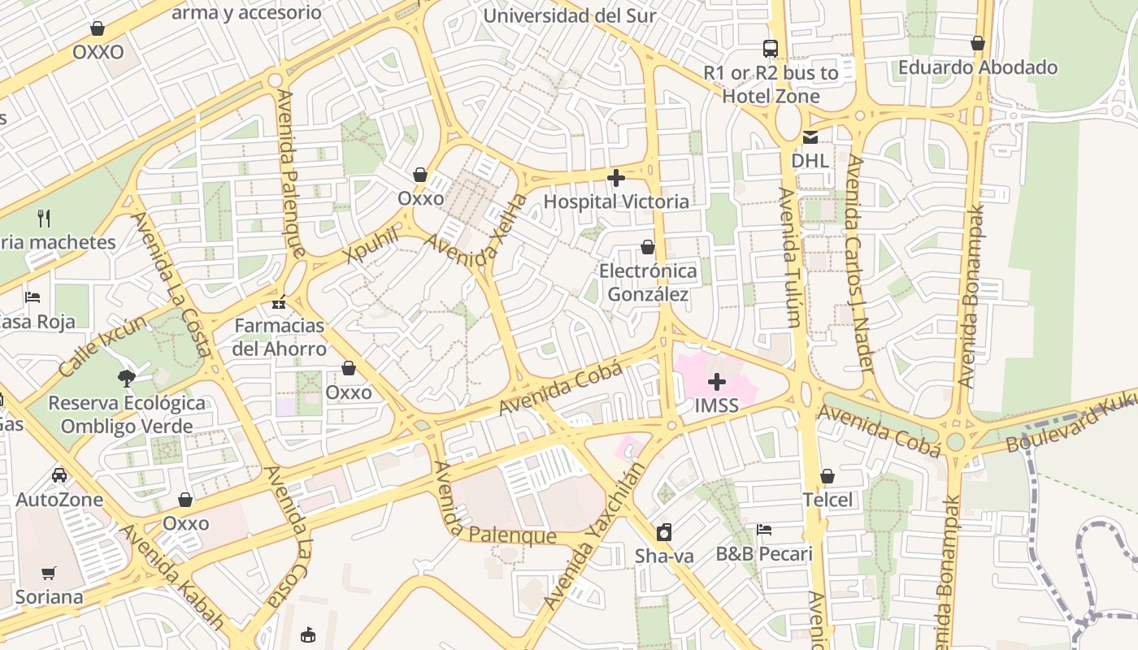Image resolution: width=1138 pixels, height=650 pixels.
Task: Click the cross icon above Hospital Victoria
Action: click(616, 178)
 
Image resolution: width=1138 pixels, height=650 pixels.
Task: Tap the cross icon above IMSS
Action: click(717, 382)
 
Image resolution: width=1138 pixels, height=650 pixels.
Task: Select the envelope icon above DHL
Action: click(810, 137)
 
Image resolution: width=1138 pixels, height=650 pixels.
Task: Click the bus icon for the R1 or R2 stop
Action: click(770, 49)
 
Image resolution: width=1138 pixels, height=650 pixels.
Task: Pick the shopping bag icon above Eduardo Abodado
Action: click(978, 43)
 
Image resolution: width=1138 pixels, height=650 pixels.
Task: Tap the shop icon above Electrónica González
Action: click(648, 247)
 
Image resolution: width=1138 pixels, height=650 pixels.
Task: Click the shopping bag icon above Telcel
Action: click(827, 476)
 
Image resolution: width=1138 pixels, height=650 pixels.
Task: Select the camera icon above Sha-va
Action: click(664, 532)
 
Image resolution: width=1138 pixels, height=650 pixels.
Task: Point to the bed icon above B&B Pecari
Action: click(764, 530)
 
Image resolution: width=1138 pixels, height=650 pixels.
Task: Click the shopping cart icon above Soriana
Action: click(49, 574)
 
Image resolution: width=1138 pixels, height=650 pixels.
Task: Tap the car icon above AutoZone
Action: click(59, 475)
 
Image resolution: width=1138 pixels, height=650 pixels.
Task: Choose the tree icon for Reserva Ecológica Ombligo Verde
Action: click(126, 378)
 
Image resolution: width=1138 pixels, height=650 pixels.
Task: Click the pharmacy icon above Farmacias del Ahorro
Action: click(279, 302)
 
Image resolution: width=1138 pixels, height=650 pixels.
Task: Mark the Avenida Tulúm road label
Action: click(789, 258)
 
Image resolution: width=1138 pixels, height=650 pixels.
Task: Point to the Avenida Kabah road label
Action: click(172, 578)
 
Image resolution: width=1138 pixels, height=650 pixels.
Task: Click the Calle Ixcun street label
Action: click(103, 345)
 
